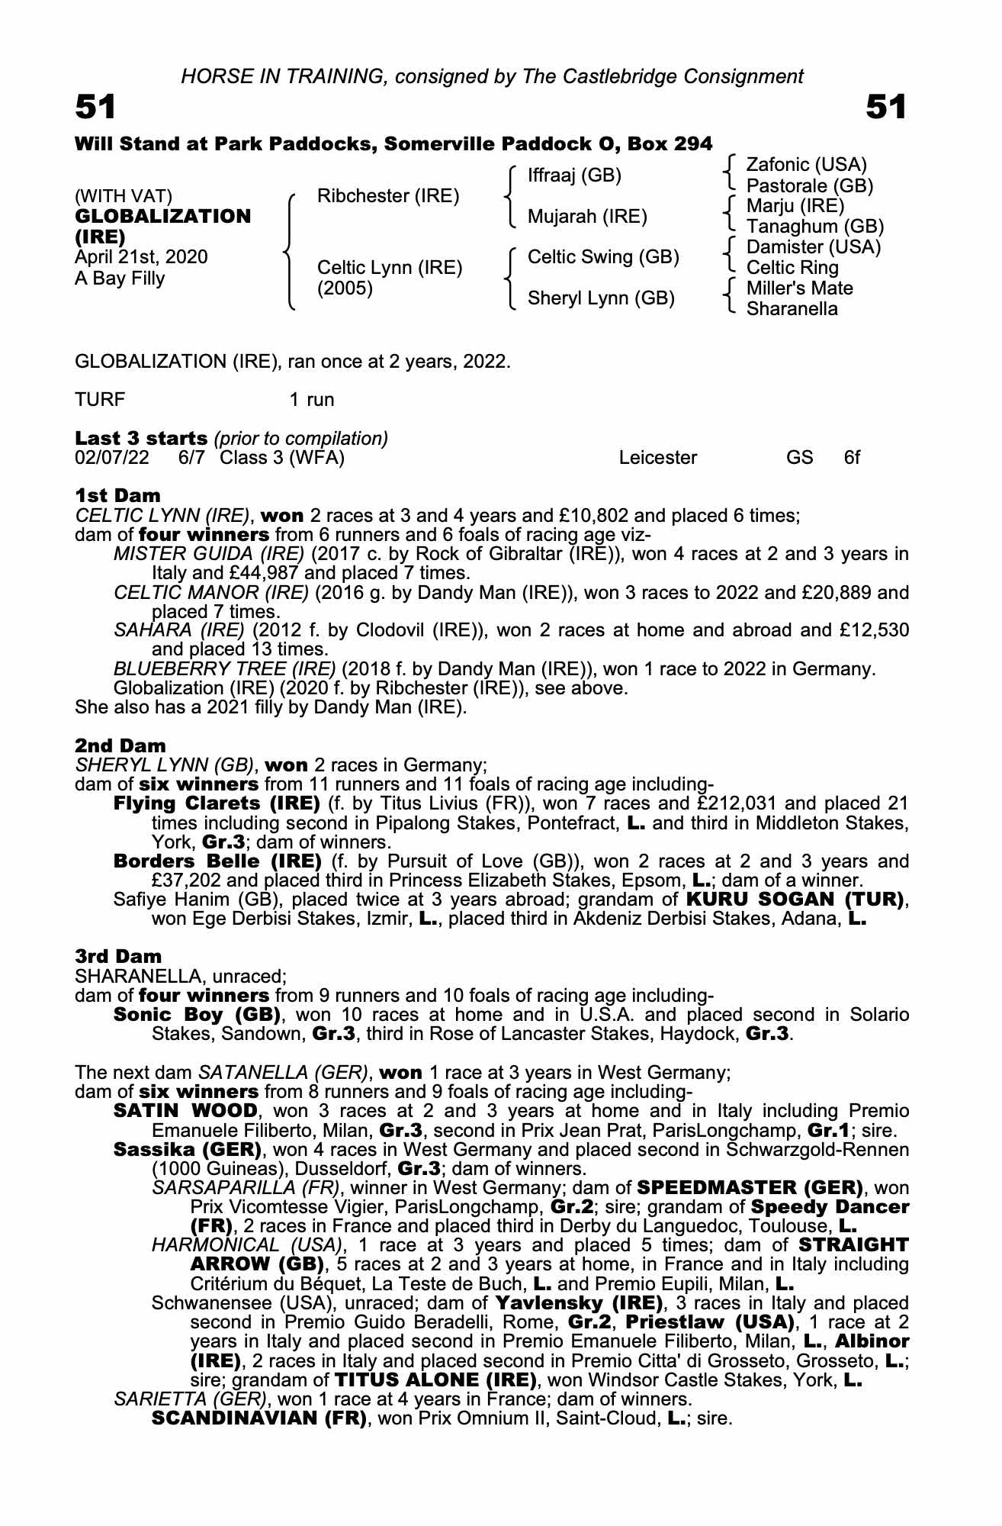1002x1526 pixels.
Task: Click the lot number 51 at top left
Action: [95, 107]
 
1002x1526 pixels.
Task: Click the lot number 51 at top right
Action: [886, 107]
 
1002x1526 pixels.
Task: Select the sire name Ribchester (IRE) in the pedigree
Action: [388, 196]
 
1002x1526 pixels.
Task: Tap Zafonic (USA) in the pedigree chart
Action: [806, 165]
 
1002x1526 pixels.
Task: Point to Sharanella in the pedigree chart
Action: [792, 309]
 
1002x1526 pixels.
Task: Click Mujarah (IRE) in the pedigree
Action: [587, 217]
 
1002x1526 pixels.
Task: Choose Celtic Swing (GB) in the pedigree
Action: [603, 257]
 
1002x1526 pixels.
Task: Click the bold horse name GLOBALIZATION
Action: [162, 217]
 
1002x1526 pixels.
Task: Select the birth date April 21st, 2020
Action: [141, 257]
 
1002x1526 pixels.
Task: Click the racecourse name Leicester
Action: [658, 458]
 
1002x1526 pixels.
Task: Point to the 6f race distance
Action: [852, 458]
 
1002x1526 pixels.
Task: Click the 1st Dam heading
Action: [117, 496]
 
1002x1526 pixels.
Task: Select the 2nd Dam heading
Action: [120, 745]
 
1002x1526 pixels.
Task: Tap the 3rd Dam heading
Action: [119, 957]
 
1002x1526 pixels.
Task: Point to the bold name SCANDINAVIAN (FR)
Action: [259, 1418]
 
